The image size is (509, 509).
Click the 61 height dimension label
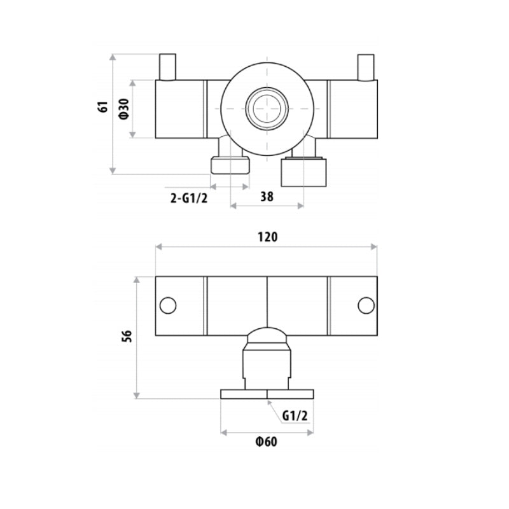pyautogui.click(x=102, y=107)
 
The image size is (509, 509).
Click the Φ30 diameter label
pyautogui.click(x=124, y=109)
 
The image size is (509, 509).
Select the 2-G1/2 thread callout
pyautogui.click(x=189, y=198)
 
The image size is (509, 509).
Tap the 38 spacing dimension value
pyautogui.click(x=267, y=197)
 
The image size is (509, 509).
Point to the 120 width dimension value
pyautogui.click(x=267, y=237)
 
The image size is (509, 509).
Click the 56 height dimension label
pyautogui.click(x=127, y=337)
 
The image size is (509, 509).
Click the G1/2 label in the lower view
pyautogui.click(x=295, y=416)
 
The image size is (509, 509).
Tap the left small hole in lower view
pyautogui.click(x=168, y=305)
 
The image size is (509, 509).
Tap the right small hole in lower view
pyautogui.click(x=366, y=305)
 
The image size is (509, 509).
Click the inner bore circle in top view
pyautogui.click(x=267, y=109)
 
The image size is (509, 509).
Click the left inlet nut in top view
pyautogui.click(x=230, y=165)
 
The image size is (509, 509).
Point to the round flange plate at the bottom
pyautogui.click(x=267, y=394)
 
